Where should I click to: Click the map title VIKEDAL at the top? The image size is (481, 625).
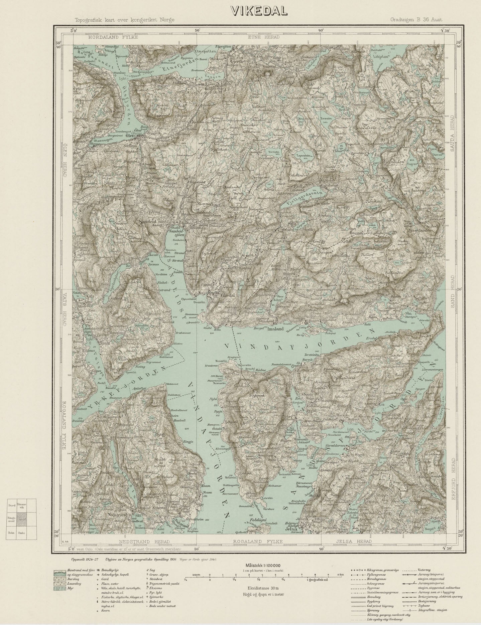coord(259,11)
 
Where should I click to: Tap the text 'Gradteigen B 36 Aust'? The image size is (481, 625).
coord(416,20)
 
